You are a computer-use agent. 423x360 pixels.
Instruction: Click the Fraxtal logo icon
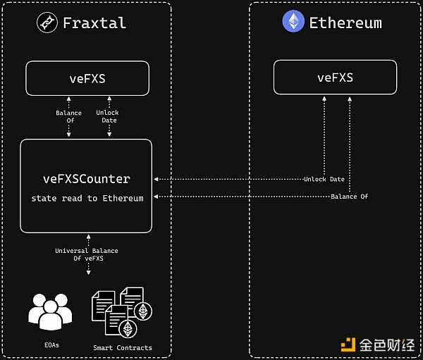(x=47, y=23)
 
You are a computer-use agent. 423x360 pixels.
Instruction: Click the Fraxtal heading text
(x=94, y=23)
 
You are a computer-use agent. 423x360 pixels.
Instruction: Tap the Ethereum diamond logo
(x=293, y=21)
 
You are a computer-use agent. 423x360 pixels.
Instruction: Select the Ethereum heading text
(x=345, y=23)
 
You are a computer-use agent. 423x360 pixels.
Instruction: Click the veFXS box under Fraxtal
(x=87, y=78)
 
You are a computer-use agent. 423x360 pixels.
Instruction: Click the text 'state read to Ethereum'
(x=87, y=199)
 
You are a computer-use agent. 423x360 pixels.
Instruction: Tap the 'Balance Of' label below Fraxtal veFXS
(x=68, y=117)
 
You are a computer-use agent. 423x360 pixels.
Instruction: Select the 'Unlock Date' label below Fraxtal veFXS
(x=107, y=117)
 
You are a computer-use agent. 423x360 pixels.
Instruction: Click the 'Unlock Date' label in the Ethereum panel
(x=324, y=180)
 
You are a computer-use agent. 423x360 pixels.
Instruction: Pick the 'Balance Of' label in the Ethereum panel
(x=349, y=196)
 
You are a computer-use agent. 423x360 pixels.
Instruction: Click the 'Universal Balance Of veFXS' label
(x=87, y=254)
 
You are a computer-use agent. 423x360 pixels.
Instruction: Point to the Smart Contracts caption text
(x=123, y=347)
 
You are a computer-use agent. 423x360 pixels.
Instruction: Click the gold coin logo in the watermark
(x=348, y=345)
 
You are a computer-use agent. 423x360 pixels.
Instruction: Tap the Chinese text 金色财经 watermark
(x=386, y=345)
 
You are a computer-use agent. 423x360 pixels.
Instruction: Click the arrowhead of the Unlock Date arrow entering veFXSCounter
(x=156, y=180)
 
